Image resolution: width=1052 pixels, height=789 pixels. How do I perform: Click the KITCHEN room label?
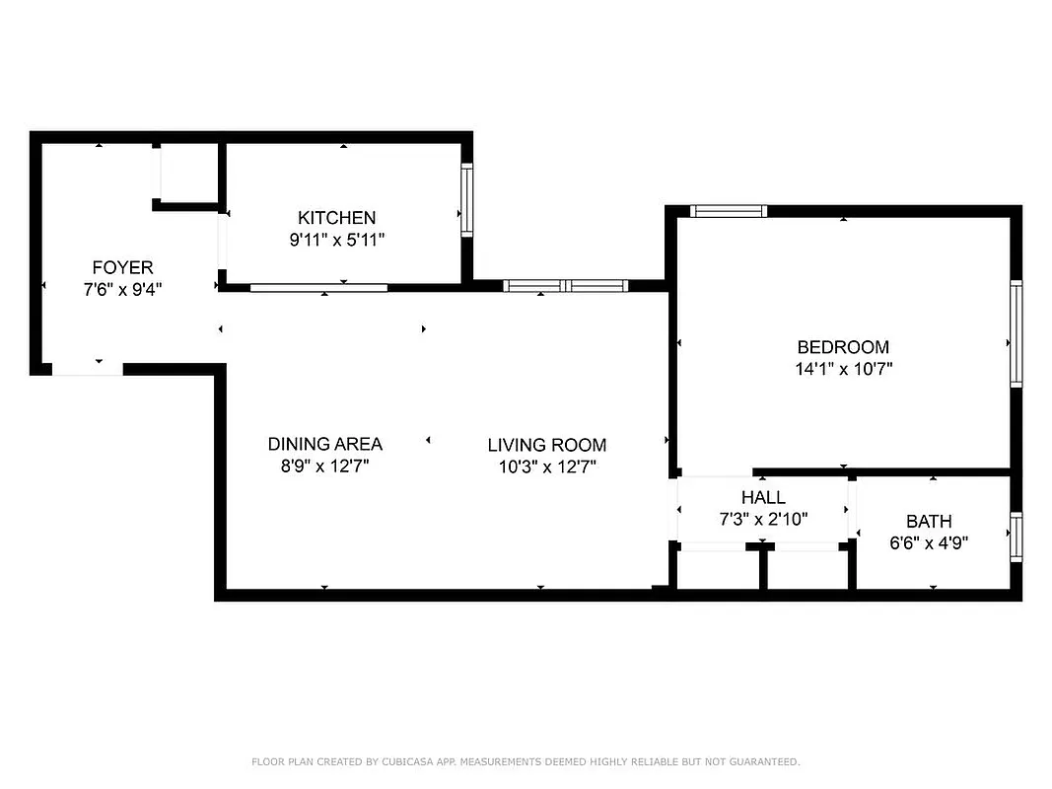tap(336, 218)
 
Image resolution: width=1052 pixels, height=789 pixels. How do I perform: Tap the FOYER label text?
tap(122, 267)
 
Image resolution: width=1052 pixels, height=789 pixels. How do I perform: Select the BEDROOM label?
tap(843, 347)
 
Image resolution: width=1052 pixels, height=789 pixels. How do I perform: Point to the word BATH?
tap(929, 521)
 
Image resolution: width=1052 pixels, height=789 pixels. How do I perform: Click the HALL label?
tap(763, 497)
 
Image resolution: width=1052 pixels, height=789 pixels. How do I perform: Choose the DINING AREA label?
tap(324, 445)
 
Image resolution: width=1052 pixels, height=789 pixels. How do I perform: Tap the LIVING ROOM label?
tap(547, 445)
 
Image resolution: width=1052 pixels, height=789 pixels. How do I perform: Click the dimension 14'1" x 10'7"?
tap(843, 370)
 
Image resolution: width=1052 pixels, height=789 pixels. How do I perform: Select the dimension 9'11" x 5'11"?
tap(336, 240)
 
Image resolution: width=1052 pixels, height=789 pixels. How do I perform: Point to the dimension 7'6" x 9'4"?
tap(122, 290)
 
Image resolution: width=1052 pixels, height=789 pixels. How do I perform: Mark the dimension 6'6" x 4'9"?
tap(929, 542)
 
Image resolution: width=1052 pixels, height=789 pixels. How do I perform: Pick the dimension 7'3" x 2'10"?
tap(763, 519)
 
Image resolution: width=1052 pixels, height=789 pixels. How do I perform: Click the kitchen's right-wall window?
tap(467, 200)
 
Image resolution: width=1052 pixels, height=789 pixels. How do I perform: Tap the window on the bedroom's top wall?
tap(729, 210)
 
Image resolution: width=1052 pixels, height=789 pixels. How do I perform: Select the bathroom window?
tap(1016, 536)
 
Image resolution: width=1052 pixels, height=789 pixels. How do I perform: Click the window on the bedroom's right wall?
tap(1016, 332)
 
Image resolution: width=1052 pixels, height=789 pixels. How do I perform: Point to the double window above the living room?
tap(565, 286)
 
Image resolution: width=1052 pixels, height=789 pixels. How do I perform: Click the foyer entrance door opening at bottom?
tap(88, 369)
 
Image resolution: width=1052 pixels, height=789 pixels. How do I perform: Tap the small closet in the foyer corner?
tap(187, 174)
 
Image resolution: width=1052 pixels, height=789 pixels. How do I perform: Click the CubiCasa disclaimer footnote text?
tap(526, 761)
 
